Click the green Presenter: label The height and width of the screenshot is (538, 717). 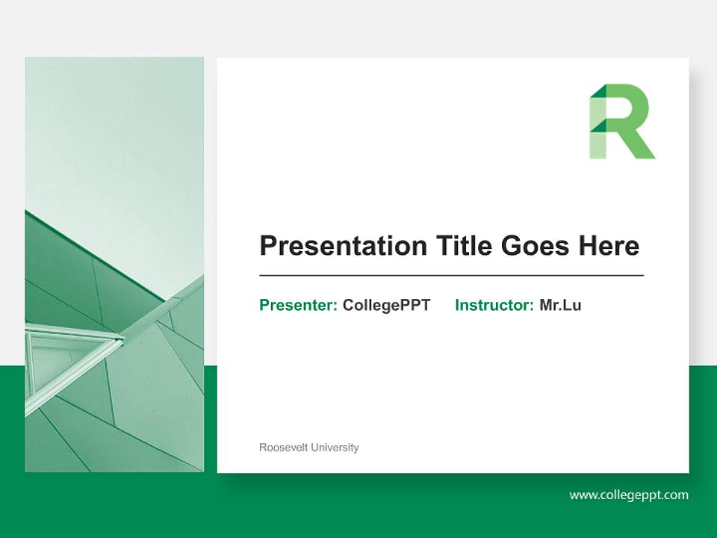click(x=298, y=305)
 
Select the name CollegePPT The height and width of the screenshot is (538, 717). click(x=386, y=305)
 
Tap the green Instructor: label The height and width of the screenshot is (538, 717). click(x=494, y=305)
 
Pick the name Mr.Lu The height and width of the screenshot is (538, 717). click(x=560, y=305)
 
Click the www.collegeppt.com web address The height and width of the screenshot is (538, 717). click(x=629, y=495)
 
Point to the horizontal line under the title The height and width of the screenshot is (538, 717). click(x=451, y=276)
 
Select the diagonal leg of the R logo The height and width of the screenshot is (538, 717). click(x=639, y=146)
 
